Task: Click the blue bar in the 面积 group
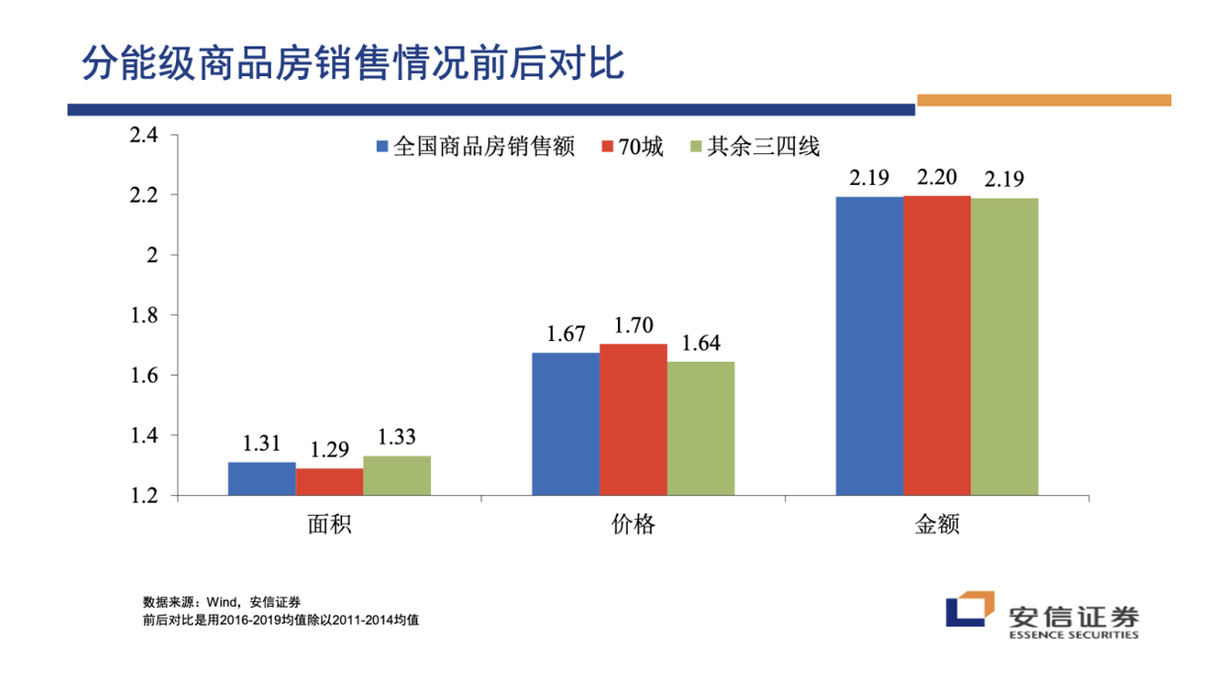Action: [x=262, y=478]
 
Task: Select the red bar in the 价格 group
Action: [x=633, y=419]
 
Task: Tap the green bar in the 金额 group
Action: [x=1004, y=346]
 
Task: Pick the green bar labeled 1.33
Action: [x=397, y=475]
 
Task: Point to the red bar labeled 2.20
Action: [x=936, y=345]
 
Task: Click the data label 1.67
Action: [x=565, y=336]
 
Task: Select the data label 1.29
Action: [x=329, y=451]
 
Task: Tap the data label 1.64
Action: [x=701, y=344]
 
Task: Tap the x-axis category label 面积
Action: [x=329, y=525]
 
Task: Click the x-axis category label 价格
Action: [x=633, y=525]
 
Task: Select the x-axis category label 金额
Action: [x=937, y=525]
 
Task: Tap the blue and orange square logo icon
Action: [x=969, y=610]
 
